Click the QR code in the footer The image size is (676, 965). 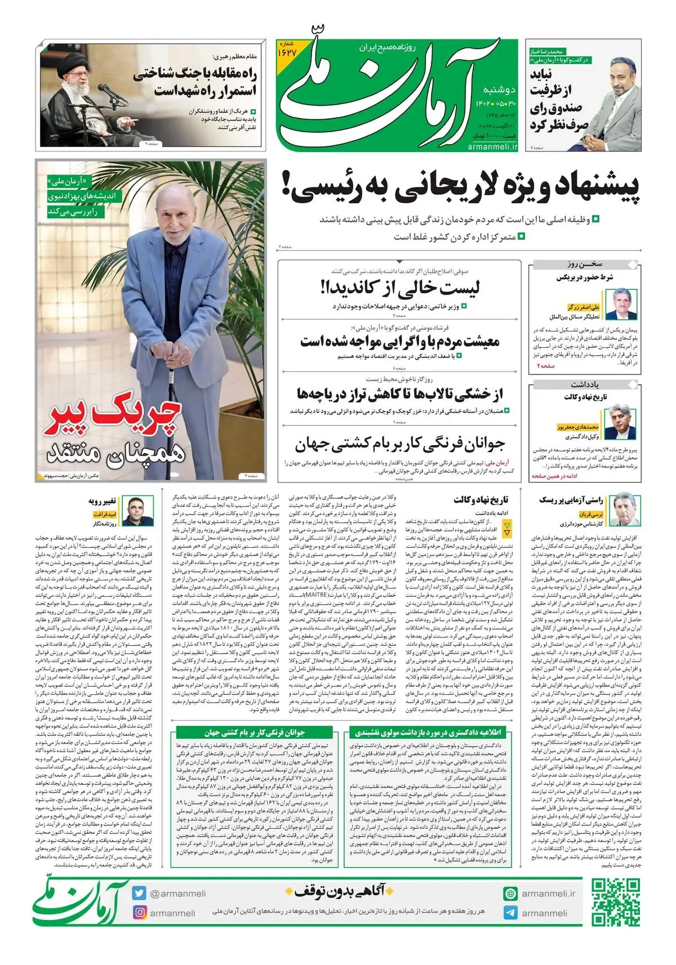tap(616, 902)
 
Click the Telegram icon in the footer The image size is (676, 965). tap(510, 913)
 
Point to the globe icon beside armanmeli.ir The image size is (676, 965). tap(510, 893)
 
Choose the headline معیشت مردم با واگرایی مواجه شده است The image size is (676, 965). tap(400, 341)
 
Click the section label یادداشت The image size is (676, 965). tap(584, 385)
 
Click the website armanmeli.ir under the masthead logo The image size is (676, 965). tap(492, 146)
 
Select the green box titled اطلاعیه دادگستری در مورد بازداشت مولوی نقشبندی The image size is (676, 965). tap(428, 732)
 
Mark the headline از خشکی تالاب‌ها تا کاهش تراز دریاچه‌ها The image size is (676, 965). tap(400, 394)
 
